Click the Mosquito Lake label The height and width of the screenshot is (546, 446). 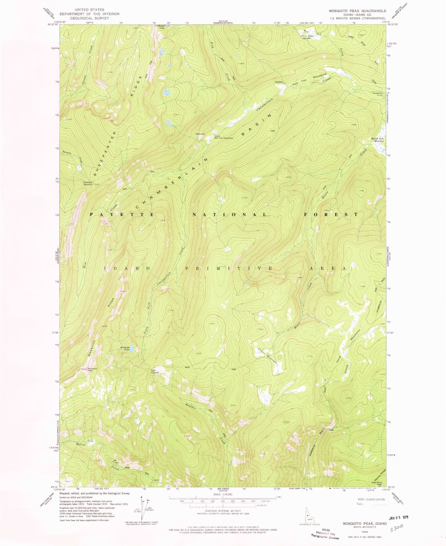click(x=125, y=348)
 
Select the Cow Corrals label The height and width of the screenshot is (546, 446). click(x=155, y=372)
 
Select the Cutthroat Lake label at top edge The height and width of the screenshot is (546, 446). click(x=159, y=27)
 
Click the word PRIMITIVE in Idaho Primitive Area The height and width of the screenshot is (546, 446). click(x=228, y=269)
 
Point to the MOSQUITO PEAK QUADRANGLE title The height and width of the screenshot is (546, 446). click(x=357, y=11)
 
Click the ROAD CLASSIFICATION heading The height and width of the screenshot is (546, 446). click(x=371, y=499)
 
